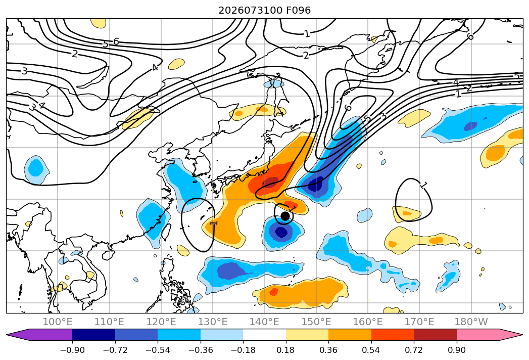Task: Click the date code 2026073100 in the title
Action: click(250, 11)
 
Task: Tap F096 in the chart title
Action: click(299, 11)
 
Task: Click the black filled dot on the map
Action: click(285, 216)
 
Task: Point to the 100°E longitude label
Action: click(58, 322)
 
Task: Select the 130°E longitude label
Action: click(213, 322)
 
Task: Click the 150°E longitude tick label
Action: click(316, 322)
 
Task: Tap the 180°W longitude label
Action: click(471, 322)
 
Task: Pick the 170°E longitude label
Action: click(419, 322)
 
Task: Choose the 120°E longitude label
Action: click(161, 322)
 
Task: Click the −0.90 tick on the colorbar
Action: click(72, 350)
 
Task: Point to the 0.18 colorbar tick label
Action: click(286, 350)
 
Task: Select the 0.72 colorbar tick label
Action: click(414, 350)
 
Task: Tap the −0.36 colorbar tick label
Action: click(201, 350)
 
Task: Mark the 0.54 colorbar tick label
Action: click(371, 350)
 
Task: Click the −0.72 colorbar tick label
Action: click(115, 350)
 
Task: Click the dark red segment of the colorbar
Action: click(435, 334)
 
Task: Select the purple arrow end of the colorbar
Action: click(39, 334)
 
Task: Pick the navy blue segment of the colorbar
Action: click(93, 334)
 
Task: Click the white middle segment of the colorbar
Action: click(265, 334)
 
